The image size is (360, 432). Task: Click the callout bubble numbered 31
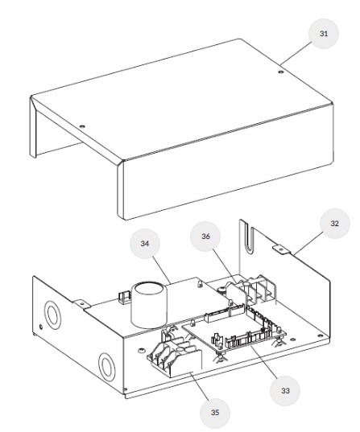[x=323, y=34]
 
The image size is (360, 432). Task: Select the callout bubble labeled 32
[x=334, y=223]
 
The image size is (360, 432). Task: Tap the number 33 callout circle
[x=285, y=390]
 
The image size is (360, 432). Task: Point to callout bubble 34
[x=145, y=244]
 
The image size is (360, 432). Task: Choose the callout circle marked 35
[x=215, y=413]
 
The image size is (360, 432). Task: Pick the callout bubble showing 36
[x=205, y=237]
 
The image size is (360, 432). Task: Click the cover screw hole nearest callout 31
[x=281, y=72]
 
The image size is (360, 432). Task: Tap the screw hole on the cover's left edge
[x=82, y=127]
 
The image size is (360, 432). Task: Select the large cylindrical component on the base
[x=149, y=305]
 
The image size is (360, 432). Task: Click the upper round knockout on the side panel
[x=52, y=315]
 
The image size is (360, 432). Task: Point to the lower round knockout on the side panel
[x=107, y=367]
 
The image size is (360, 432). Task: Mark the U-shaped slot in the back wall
[x=249, y=238]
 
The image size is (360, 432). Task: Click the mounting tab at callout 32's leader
[x=282, y=249]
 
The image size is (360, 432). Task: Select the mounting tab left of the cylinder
[x=82, y=304]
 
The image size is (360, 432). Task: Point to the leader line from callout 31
[x=296, y=53]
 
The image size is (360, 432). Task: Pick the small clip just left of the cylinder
[x=124, y=298]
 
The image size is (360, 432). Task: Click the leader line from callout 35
[x=199, y=385]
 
